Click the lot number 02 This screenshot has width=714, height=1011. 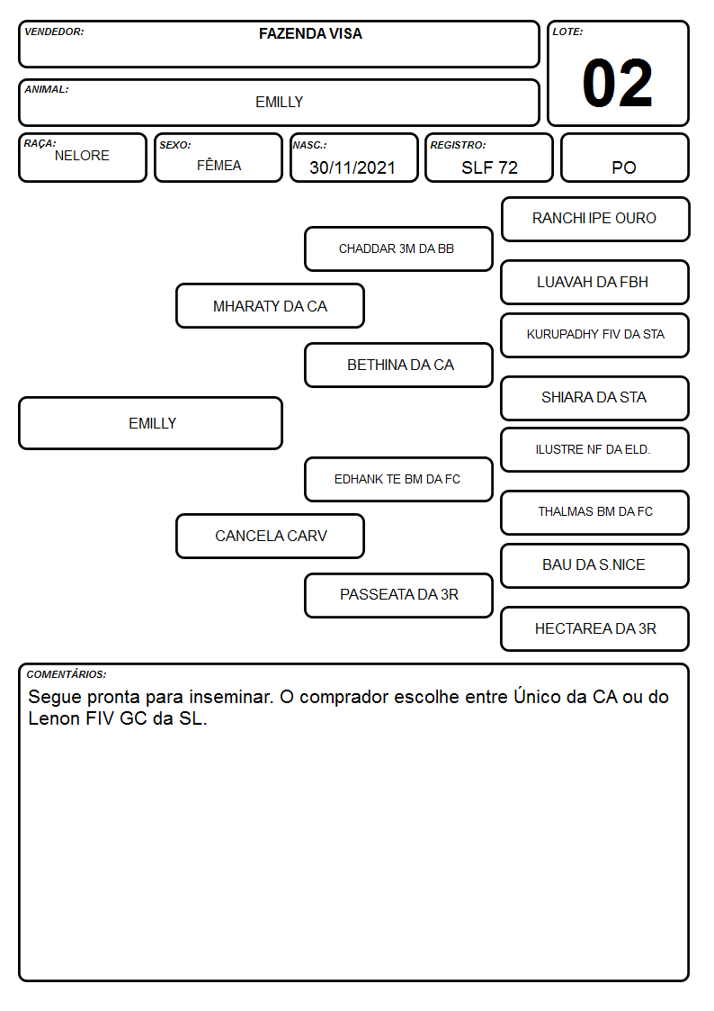[618, 83]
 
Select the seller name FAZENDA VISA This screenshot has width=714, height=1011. [310, 33]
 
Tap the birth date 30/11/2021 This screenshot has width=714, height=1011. [353, 167]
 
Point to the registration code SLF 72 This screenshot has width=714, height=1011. [489, 167]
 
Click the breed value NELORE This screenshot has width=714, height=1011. [82, 156]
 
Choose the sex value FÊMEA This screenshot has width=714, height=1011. [219, 165]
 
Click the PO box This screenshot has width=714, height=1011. [624, 158]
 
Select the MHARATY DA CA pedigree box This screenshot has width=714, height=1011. [270, 305]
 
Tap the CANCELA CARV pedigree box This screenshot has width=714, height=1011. [270, 536]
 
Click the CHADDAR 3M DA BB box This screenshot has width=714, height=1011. [398, 248]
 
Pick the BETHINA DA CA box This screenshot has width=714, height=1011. [398, 365]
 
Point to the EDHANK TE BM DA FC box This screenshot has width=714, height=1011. [398, 479]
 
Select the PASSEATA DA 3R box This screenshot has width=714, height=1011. [398, 595]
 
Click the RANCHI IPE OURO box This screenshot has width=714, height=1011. [595, 220]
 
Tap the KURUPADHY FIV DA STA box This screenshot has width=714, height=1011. [595, 335]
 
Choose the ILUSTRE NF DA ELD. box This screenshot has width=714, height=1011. [595, 450]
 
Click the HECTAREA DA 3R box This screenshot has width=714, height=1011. [595, 628]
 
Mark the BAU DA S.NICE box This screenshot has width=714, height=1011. [595, 565]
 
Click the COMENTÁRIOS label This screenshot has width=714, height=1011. [67, 674]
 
